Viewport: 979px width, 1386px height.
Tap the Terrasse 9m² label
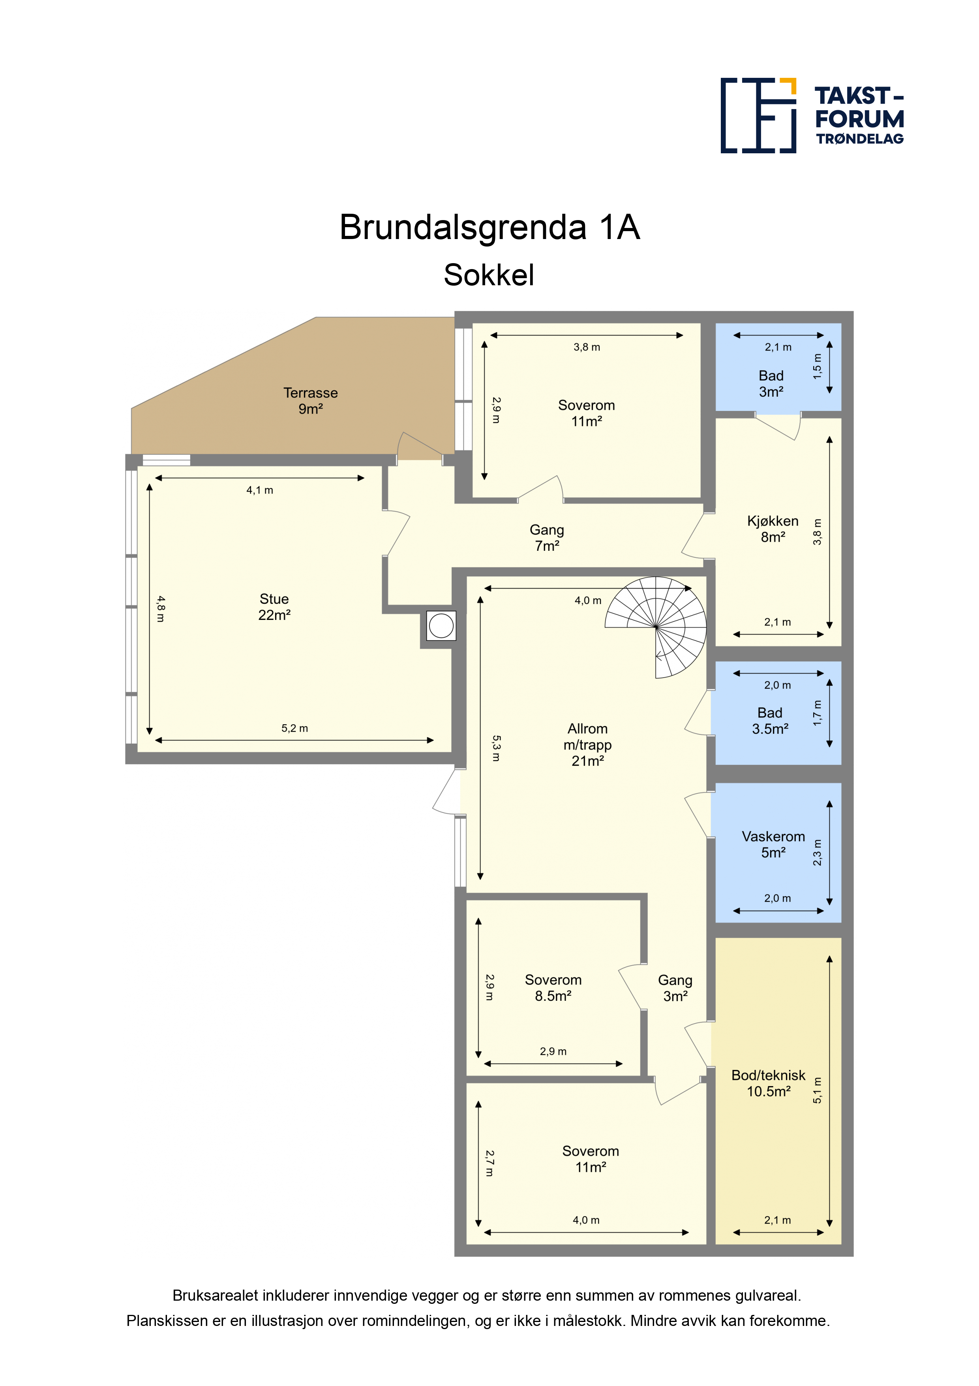[x=311, y=401]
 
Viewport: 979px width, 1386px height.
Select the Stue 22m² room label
[x=274, y=607]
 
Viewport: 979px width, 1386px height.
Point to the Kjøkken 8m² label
[x=773, y=529]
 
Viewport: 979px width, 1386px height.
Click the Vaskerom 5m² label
[x=773, y=844]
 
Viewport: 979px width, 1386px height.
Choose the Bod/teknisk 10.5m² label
[x=769, y=1083]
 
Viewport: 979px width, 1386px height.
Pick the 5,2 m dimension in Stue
[x=294, y=729]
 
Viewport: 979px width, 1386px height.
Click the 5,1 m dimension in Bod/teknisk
[x=817, y=1090]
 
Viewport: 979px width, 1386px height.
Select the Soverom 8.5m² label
[x=553, y=988]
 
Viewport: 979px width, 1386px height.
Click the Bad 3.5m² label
[x=770, y=721]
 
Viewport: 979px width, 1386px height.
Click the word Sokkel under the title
[x=489, y=275]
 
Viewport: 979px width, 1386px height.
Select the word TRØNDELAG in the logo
[x=860, y=139]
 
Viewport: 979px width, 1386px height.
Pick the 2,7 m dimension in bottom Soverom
[x=490, y=1163]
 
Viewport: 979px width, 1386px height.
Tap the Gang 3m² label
[x=675, y=988]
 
